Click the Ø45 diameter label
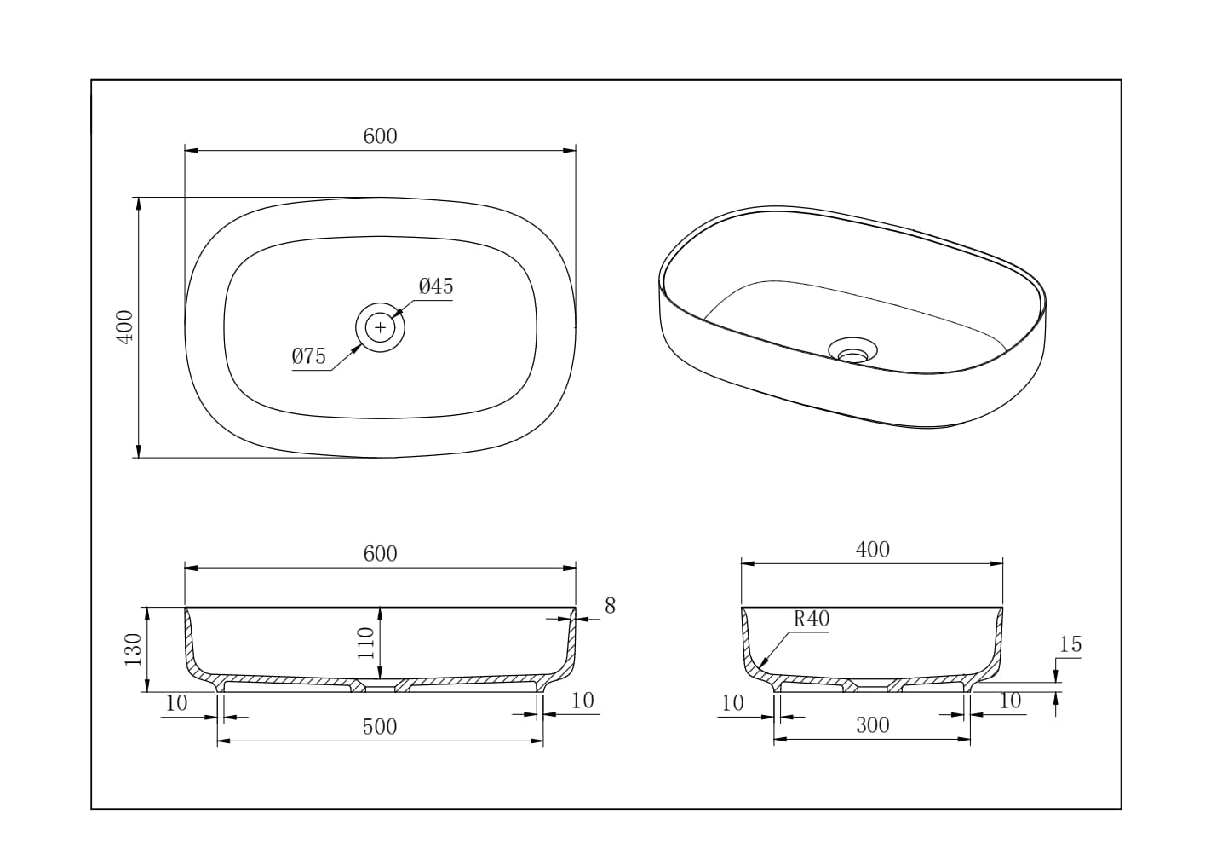[436, 286]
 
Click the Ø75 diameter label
[308, 356]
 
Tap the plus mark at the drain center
[381, 327]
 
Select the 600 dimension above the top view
[380, 136]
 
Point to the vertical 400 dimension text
[125, 326]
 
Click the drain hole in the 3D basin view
[852, 349]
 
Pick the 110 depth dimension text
[366, 643]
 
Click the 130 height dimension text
[133, 650]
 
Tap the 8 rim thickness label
[610, 606]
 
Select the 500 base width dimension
[380, 727]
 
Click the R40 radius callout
[811, 620]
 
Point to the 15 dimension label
[1070, 645]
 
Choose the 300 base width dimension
[872, 725]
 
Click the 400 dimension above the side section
[872, 550]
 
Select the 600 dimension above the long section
[380, 554]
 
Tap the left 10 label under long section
[176, 703]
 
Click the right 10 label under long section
[582, 701]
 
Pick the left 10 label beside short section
[732, 703]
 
